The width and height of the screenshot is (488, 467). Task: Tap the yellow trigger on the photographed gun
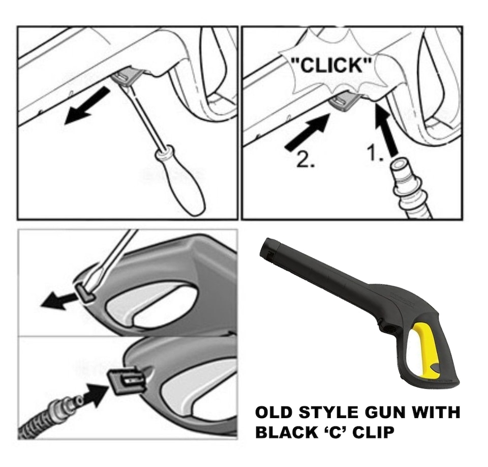(424, 351)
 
